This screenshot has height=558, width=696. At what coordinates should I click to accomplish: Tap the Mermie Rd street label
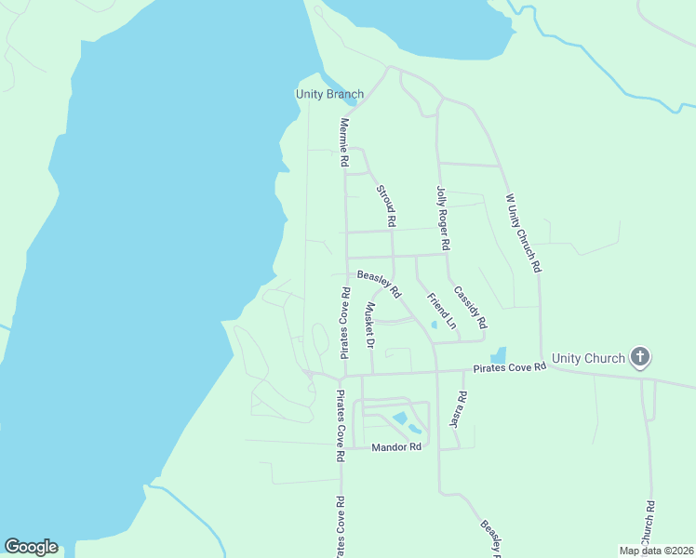[343, 142]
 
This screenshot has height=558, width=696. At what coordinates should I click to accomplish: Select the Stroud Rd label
[386, 206]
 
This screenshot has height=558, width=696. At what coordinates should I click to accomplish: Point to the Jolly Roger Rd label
[443, 218]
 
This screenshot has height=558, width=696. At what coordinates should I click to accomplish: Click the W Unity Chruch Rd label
[522, 232]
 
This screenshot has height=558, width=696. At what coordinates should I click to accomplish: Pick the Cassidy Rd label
[470, 307]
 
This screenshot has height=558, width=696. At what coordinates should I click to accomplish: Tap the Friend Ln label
[442, 312]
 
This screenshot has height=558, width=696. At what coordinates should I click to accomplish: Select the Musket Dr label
[369, 325]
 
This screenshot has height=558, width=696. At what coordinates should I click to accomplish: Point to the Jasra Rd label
[457, 408]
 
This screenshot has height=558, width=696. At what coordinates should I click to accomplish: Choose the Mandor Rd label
[396, 447]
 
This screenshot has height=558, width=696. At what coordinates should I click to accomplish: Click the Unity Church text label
[588, 357]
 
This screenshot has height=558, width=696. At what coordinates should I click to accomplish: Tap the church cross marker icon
[639, 356]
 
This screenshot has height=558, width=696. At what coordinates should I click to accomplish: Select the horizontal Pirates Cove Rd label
[509, 368]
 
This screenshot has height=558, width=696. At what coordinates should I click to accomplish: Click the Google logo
[31, 547]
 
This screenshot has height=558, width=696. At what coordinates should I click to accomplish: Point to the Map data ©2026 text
[654, 550]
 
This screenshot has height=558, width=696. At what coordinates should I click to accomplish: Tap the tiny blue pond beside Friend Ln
[434, 325]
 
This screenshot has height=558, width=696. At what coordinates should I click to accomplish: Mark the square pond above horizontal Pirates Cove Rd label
[498, 355]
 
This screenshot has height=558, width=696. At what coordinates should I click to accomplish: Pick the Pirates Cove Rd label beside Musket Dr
[344, 323]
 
